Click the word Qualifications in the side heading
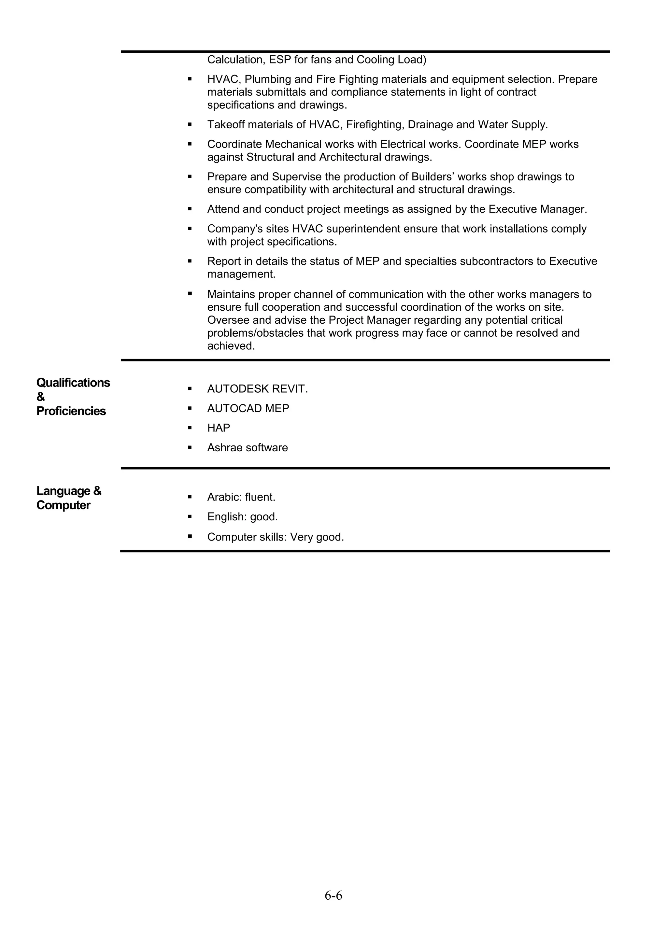73,383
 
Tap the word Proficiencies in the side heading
71,411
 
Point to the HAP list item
219,428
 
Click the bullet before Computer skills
190,536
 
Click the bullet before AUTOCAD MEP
190,408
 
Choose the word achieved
231,346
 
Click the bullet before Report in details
190,261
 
